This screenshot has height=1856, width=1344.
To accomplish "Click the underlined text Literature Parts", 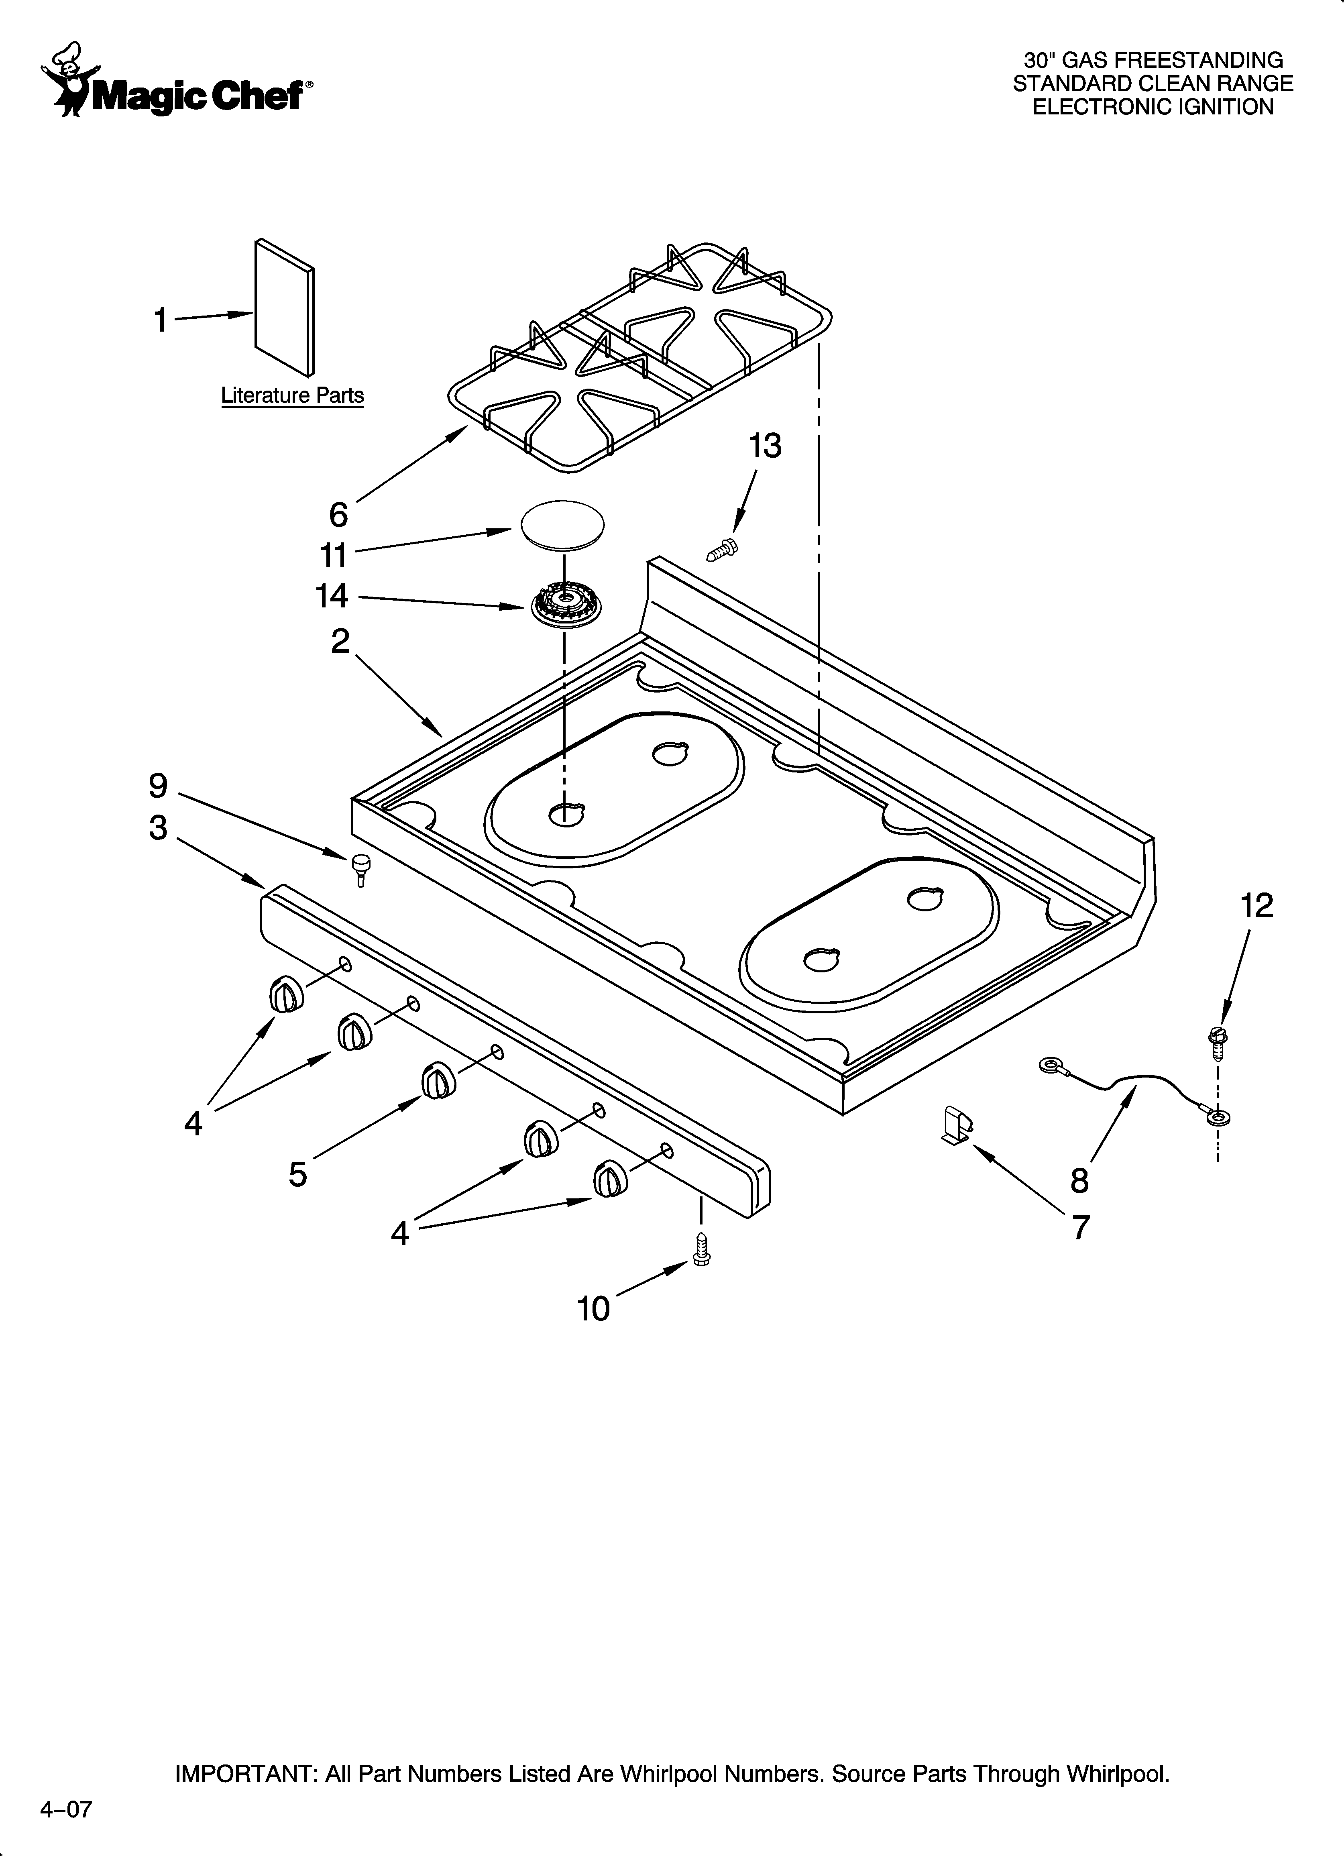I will [292, 396].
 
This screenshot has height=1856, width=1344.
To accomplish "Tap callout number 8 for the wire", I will [1079, 1180].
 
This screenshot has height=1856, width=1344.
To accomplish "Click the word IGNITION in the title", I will [1225, 107].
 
